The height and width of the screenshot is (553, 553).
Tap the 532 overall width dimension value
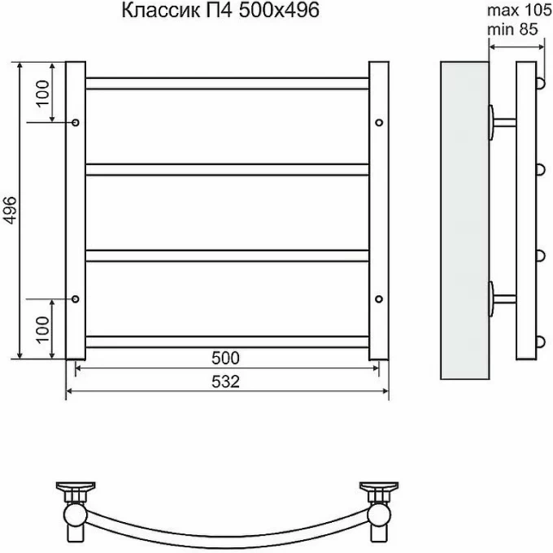225,381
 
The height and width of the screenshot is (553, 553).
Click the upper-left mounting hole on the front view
75,122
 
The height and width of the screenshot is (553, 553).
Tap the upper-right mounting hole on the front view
379,122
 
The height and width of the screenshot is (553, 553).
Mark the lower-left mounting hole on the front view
75,298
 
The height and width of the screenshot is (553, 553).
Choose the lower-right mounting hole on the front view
379,298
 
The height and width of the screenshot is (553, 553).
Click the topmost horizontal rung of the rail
227,83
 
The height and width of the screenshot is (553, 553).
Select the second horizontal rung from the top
227,169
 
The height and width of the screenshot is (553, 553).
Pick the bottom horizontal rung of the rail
227,342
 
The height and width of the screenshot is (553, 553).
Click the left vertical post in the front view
75,210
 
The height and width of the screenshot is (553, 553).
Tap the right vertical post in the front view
379,210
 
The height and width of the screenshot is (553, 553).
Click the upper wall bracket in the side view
498,123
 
